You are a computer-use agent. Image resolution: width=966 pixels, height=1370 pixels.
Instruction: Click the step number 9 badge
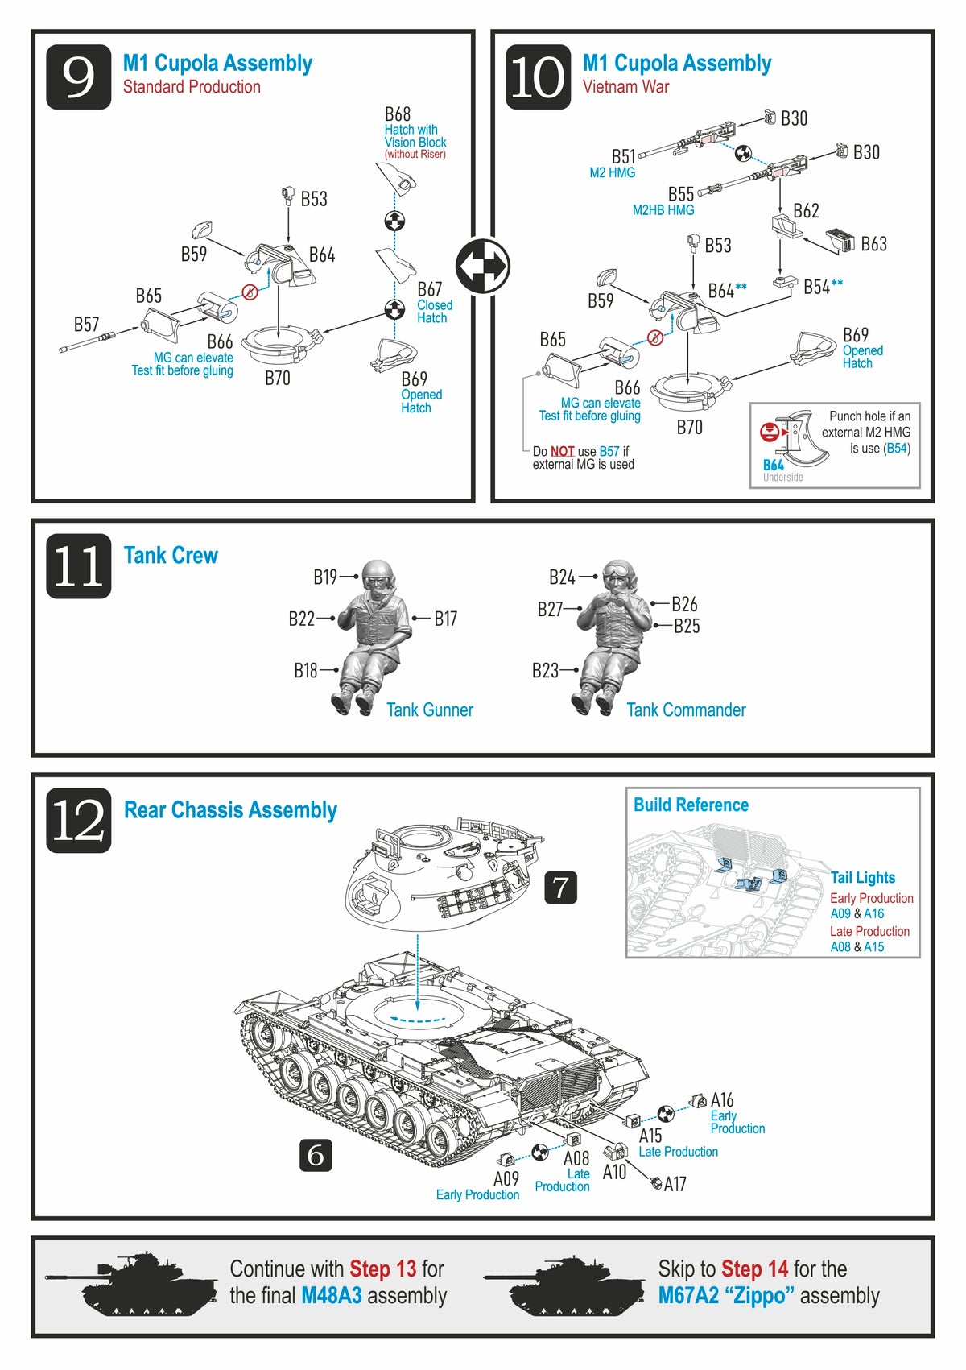coord(78,77)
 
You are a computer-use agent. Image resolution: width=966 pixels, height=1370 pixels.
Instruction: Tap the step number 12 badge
coord(78,821)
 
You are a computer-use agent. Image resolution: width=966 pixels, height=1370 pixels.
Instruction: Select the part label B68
coord(398,114)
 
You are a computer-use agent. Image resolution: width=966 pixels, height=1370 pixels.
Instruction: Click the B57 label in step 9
coord(87,325)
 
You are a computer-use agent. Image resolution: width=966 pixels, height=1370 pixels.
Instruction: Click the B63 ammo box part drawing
coord(840,240)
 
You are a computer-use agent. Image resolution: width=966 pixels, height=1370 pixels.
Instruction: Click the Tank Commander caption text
coord(686,710)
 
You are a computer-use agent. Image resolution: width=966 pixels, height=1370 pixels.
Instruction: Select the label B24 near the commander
coord(562,577)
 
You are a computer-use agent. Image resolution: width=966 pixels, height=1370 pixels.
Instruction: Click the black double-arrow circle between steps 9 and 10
coord(482,266)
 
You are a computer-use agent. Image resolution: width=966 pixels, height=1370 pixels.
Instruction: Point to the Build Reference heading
coord(691,805)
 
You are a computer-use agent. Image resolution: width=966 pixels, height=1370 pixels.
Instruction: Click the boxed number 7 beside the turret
coord(560,888)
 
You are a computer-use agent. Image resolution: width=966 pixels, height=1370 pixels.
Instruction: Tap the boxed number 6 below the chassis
coord(316,1155)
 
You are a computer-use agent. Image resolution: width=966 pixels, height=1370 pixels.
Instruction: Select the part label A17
coord(675,1184)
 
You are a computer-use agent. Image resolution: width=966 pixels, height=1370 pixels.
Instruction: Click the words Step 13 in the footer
coord(382,1269)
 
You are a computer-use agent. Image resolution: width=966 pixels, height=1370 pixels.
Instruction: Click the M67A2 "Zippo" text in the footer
coord(726,1296)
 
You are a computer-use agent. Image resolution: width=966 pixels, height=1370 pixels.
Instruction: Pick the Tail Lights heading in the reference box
coord(862,877)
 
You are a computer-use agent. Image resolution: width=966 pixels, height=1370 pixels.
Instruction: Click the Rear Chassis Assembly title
coord(230,810)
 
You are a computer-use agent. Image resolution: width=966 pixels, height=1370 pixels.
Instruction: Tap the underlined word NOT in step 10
coord(562,452)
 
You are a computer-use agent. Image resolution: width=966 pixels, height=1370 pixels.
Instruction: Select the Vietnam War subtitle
coord(625,87)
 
